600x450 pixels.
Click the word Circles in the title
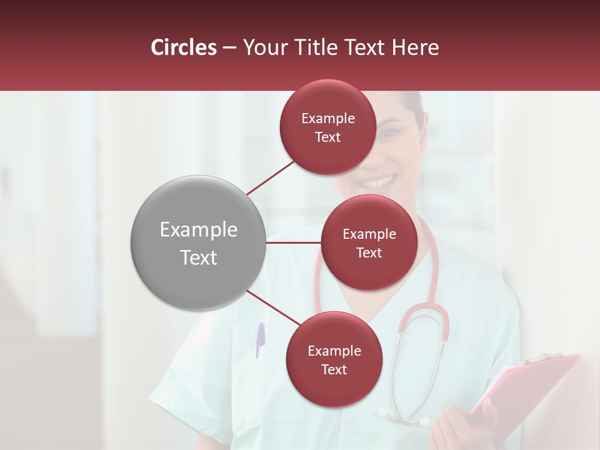pyautogui.click(x=184, y=47)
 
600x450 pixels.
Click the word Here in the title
pyautogui.click(x=415, y=47)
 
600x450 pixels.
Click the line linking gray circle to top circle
pyautogui.click(x=271, y=177)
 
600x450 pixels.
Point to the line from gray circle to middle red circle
pyautogui.click(x=294, y=242)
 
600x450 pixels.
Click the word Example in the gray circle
pyautogui.click(x=199, y=230)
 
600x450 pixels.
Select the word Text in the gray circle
pyautogui.click(x=199, y=257)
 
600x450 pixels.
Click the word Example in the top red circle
pyautogui.click(x=328, y=119)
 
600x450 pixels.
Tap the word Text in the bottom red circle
pyautogui.click(x=334, y=369)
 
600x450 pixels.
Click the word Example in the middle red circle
pyautogui.click(x=369, y=234)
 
